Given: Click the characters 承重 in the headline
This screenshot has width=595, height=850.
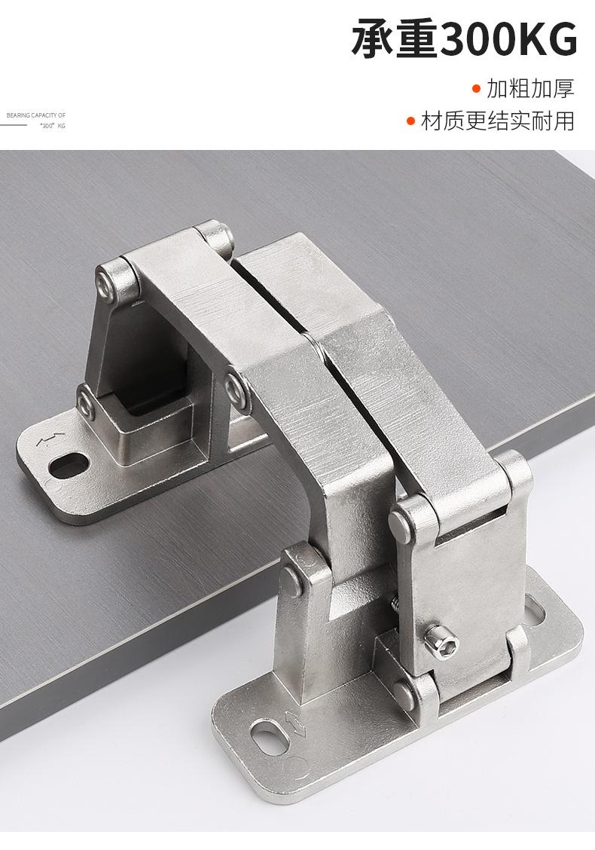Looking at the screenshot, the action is click(395, 40).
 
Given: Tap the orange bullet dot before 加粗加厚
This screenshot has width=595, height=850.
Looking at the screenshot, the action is click(476, 88).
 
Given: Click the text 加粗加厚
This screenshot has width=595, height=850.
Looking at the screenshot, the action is click(530, 88).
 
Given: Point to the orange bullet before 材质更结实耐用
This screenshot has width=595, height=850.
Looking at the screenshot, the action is click(410, 121).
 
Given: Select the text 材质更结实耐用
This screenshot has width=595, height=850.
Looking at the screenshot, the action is click(498, 121).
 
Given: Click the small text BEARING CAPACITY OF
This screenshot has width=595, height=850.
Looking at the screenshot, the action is click(35, 115).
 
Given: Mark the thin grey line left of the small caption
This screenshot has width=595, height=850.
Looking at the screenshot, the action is click(14, 125).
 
